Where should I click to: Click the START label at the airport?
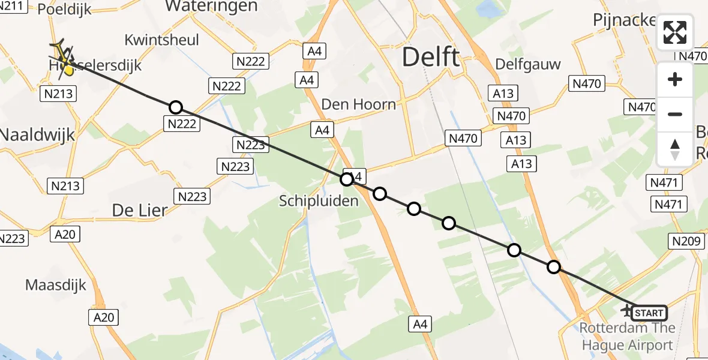pos(649,313)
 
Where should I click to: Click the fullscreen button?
pos(675,32)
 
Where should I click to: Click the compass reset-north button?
pos(675,149)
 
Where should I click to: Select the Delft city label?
pos(430,58)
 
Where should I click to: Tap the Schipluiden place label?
pos(319,201)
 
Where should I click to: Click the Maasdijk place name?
pos(56,284)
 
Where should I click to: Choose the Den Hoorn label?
pos(359,104)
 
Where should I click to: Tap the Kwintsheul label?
pos(162,40)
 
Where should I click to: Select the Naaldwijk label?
pos(37,134)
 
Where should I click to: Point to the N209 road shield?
pos(685,241)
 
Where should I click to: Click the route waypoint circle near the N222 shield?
pos(175,107)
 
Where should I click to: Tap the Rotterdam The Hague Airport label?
pos(628,337)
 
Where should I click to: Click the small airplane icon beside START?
pos(627,310)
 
